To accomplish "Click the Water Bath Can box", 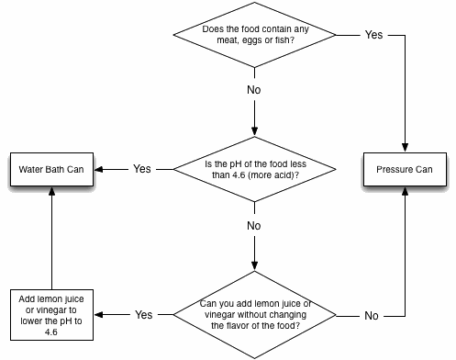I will tap(51, 170).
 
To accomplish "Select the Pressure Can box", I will tap(404, 170).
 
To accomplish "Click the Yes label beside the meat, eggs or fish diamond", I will tap(373, 35).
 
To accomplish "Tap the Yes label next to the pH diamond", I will tap(142, 170).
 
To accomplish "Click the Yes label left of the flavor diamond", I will tap(144, 314).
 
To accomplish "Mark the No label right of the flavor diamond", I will tap(372, 315).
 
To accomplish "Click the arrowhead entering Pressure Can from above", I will tap(404, 148).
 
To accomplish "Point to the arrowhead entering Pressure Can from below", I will tap(404, 192).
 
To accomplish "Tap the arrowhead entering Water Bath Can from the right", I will tap(102, 170).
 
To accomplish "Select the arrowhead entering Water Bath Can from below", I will tap(51, 192).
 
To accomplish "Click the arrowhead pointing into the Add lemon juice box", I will tap(102, 313).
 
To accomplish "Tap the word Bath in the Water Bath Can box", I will tap(53, 170).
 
